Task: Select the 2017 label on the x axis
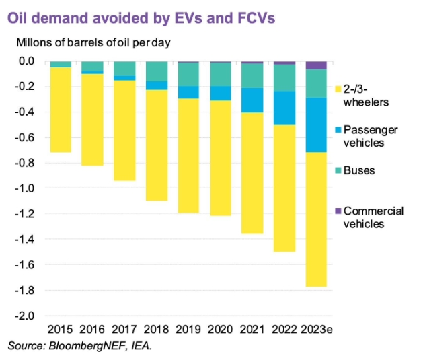point(124,329)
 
